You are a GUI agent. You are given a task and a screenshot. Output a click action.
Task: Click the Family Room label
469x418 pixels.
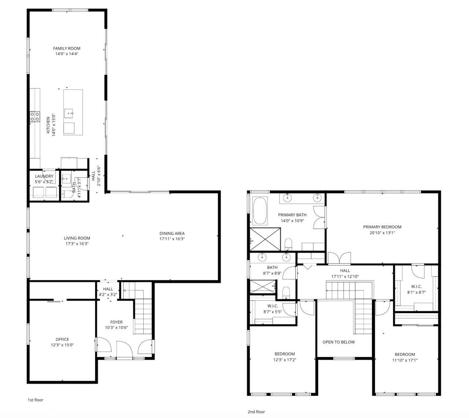tap(66, 48)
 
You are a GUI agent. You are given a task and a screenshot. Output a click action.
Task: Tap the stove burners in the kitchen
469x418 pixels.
tap(35, 116)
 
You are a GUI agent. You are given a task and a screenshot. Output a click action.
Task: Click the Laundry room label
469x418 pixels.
tap(44, 176)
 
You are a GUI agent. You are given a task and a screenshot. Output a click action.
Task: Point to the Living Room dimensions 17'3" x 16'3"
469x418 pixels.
tap(77, 243)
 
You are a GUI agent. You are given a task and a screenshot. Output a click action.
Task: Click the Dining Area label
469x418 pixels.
tap(172, 234)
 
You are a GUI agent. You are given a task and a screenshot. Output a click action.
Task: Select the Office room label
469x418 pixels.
tap(62, 340)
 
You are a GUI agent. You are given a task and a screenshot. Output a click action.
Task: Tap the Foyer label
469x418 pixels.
tap(116, 322)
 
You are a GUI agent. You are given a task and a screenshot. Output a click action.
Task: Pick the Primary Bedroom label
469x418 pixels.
tap(382, 227)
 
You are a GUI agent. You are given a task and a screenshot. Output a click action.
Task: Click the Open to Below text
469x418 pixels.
tap(339, 342)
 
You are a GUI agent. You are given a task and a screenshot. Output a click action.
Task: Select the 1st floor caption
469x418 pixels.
tap(36, 400)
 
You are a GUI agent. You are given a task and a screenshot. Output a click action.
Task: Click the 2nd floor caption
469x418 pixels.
tap(256, 412)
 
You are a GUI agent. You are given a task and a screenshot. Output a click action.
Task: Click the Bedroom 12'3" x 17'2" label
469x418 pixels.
tap(285, 354)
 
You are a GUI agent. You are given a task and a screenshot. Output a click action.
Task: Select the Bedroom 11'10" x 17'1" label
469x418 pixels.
tap(405, 355)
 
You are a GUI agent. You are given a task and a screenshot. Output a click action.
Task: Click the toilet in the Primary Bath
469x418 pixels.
tap(288, 243)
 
